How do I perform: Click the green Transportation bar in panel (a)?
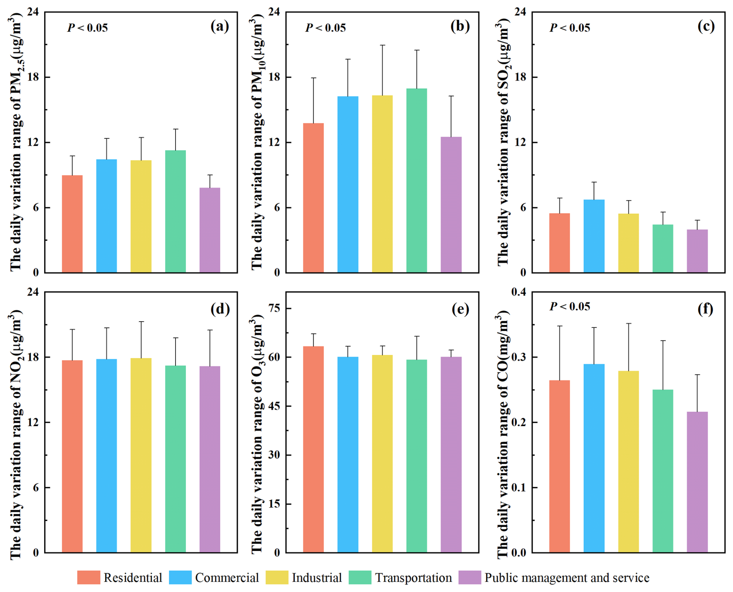(175, 211)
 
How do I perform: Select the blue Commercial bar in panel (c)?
(594, 236)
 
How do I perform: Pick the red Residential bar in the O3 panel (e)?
(313, 449)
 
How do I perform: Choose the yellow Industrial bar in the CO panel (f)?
(628, 461)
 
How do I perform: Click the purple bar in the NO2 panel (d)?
(210, 459)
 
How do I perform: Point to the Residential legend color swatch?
(88, 577)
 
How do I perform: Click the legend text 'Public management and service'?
(567, 578)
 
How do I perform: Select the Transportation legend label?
(413, 578)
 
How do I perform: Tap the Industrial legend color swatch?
(277, 577)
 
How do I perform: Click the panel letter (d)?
(220, 309)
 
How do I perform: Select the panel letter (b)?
(460, 26)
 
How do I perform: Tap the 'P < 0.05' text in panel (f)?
(570, 307)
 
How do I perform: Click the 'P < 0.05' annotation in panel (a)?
(88, 28)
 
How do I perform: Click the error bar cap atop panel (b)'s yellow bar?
(382, 45)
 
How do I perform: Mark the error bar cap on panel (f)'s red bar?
(559, 326)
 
